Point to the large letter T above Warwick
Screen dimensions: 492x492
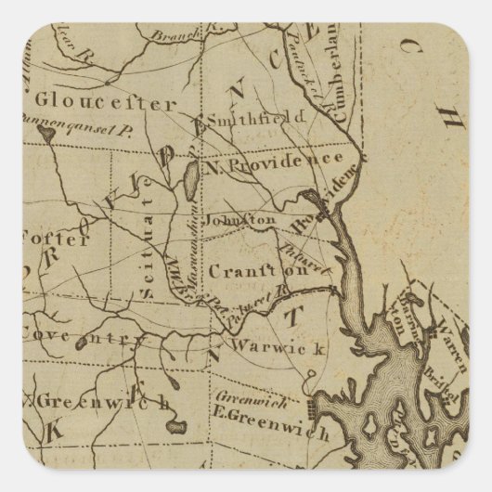point(287,317)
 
